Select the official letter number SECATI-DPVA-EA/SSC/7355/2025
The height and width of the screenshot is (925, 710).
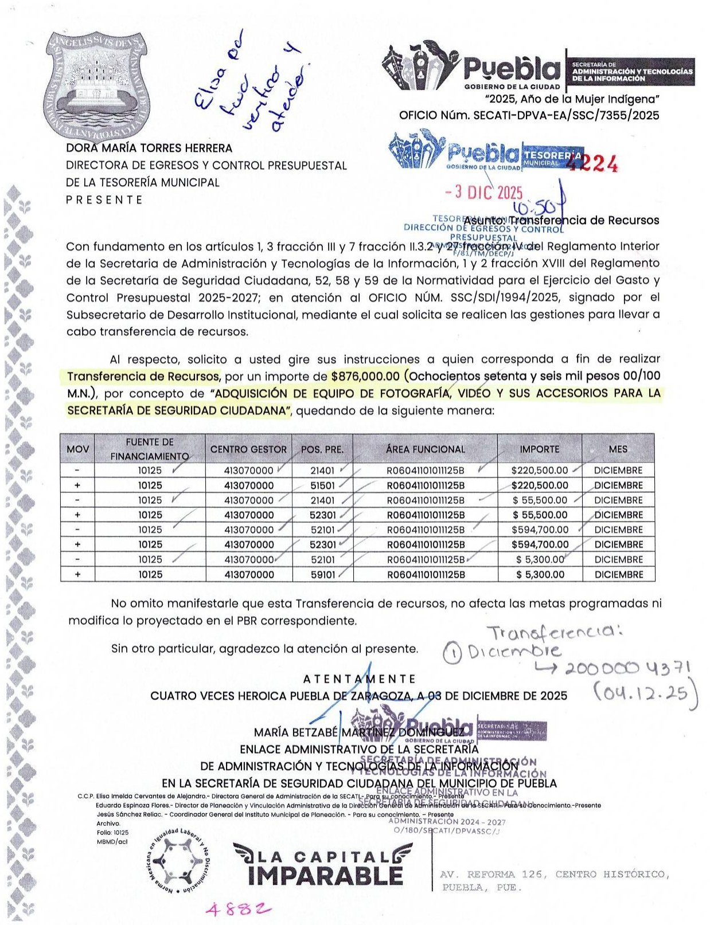tap(566, 115)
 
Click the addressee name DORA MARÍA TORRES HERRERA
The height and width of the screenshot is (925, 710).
tap(149, 148)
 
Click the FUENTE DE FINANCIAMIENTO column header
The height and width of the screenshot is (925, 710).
tap(150, 449)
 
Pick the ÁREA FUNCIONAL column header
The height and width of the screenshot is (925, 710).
tap(425, 449)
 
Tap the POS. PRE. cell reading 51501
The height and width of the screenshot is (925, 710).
tap(322, 485)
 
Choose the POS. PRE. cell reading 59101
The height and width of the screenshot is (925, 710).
tap(322, 574)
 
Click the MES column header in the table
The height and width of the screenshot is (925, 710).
tap(618, 449)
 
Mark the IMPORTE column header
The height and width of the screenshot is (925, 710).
tap(539, 449)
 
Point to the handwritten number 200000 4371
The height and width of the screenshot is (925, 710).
tap(628, 669)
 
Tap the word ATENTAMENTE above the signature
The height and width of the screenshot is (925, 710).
tap(359, 679)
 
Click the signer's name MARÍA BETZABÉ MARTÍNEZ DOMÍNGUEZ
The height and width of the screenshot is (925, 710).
tap(359, 732)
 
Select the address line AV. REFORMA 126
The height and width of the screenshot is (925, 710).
tap(553, 875)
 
